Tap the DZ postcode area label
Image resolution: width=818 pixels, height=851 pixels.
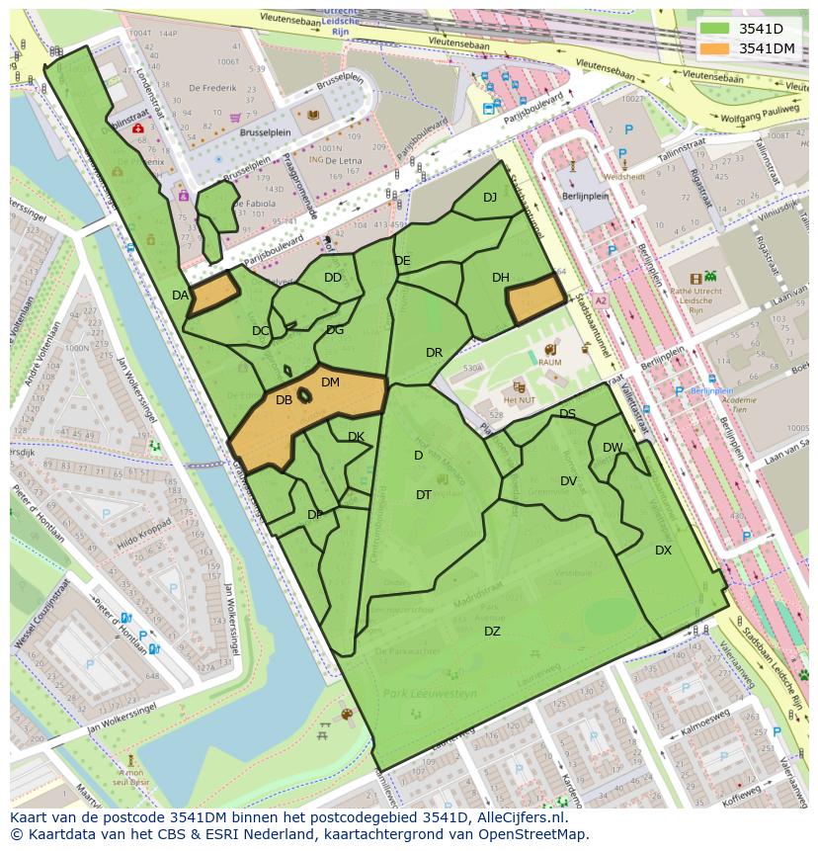pyautogui.click(x=492, y=632)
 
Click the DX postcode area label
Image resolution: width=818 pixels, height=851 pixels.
pyautogui.click(x=663, y=551)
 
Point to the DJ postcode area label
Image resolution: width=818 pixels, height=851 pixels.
pyautogui.click(x=490, y=198)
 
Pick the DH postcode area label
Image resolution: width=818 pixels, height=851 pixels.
pyautogui.click(x=500, y=278)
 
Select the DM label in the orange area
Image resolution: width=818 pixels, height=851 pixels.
pyautogui.click(x=330, y=383)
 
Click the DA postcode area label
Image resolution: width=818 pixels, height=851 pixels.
pyautogui.click(x=180, y=296)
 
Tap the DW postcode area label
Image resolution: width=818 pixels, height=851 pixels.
pyautogui.click(x=613, y=448)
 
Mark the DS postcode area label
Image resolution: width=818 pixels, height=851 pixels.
pyautogui.click(x=567, y=414)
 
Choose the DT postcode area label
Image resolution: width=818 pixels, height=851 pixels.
pyautogui.click(x=424, y=495)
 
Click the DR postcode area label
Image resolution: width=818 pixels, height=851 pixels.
pyautogui.click(x=434, y=353)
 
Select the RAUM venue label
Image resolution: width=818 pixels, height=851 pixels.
pyautogui.click(x=549, y=363)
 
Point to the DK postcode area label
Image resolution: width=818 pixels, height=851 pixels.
pyautogui.click(x=356, y=437)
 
